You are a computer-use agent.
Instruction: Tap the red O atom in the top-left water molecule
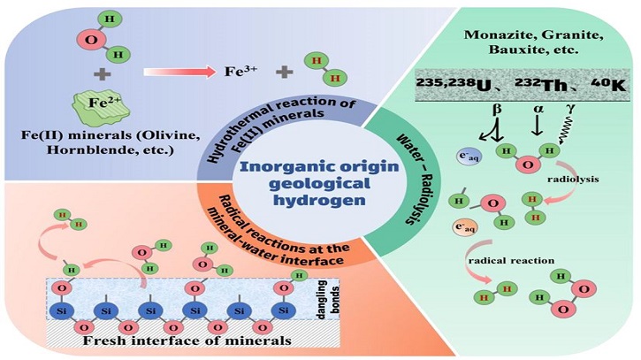[82, 40]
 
